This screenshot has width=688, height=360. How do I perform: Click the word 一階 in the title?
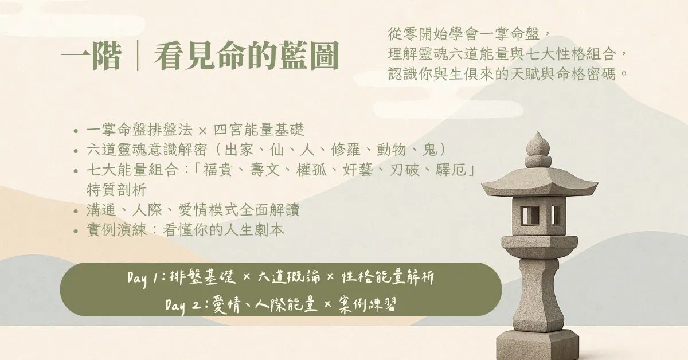tap(92, 56)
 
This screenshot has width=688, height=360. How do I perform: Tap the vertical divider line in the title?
tap(138, 55)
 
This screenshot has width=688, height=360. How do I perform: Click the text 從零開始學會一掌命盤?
tap(463, 34)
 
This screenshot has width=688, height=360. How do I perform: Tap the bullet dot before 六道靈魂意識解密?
tap(76, 151)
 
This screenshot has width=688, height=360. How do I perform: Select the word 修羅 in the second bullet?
tap(346, 150)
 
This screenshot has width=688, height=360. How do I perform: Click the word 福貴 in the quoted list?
tap(217, 170)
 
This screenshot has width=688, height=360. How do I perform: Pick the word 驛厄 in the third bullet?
tap(451, 170)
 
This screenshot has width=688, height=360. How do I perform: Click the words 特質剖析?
tap(116, 190)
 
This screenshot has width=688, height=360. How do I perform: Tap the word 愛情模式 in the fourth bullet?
tap(208, 210)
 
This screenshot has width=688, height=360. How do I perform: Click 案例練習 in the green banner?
tap(368, 305)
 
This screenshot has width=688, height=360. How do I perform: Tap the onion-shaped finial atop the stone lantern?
tap(538, 144)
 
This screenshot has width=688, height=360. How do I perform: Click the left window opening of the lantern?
tap(530, 216)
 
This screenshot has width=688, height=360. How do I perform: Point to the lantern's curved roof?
tap(540, 182)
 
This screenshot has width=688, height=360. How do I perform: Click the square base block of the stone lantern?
tap(538, 345)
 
